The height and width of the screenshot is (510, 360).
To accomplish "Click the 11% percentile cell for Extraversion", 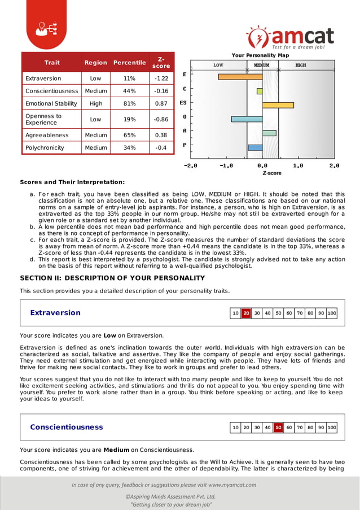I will click(129, 79).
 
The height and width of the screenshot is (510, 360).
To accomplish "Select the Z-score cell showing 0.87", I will click(161, 103).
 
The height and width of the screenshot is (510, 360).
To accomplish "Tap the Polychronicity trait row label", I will click(45, 148).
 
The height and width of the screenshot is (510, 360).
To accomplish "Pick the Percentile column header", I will click(129, 62).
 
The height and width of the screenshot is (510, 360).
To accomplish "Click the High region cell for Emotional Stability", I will click(96, 103).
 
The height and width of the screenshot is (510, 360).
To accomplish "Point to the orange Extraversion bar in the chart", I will click(232, 77).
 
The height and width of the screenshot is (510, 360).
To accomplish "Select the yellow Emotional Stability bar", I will click(278, 104).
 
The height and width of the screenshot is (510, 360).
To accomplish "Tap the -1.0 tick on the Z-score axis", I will click(226, 166).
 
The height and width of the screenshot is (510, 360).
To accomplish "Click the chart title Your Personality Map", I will click(260, 55).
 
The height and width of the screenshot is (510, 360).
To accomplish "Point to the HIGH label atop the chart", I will click(301, 65).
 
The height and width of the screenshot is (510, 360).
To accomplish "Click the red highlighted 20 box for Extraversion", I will click(246, 313).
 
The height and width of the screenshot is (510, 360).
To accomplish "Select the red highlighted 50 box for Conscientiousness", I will click(278, 428).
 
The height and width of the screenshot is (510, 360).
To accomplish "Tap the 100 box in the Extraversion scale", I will click(332, 313).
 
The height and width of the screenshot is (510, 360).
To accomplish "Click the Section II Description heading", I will click(112, 278).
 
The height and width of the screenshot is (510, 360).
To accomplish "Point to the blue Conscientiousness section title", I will click(67, 427).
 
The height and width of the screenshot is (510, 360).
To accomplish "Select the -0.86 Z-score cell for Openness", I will click(161, 119).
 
